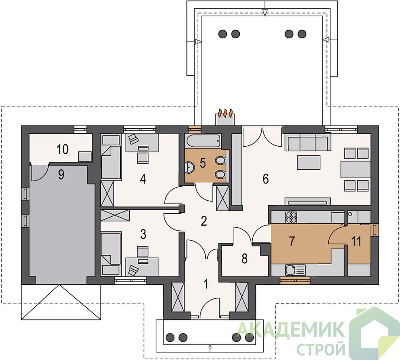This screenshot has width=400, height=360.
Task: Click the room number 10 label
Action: (63, 149)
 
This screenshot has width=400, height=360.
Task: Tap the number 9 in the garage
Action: (61, 175)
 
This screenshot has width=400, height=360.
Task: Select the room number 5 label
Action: (203, 163)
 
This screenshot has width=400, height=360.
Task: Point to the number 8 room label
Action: (245, 259)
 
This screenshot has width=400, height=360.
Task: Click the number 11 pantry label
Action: (356, 241)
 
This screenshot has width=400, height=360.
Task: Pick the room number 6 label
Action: (266, 179)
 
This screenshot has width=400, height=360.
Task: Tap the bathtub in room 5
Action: (203, 141)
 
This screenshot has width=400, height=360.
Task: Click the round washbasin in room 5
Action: (189, 167)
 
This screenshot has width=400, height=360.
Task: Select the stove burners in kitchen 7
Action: (291, 217)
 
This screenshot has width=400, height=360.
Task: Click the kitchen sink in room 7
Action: (295, 270)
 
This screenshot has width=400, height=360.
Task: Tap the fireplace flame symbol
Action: (225, 112)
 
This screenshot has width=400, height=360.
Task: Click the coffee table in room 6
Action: (309, 162)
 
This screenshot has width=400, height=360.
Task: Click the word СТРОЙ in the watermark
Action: (321, 349)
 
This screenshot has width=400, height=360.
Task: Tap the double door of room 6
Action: (262, 137)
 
